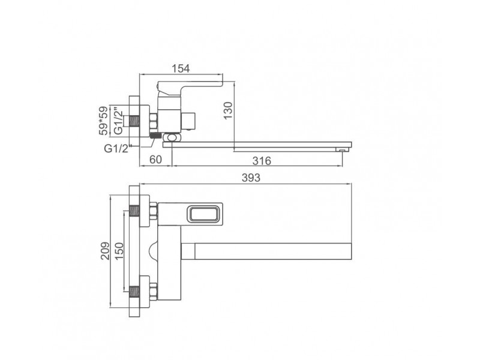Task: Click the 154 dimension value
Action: pyautogui.click(x=181, y=68)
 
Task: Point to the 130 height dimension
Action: pyautogui.click(x=228, y=110)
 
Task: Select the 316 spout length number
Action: pyautogui.click(x=262, y=160)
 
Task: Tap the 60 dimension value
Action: pyautogui.click(x=155, y=160)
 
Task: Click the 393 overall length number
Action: pyautogui.click(x=251, y=178)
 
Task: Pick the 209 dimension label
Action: pyautogui.click(x=105, y=251)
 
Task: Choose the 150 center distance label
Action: pyautogui.click(x=119, y=251)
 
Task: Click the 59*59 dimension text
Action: pyautogui.click(x=103, y=121)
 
